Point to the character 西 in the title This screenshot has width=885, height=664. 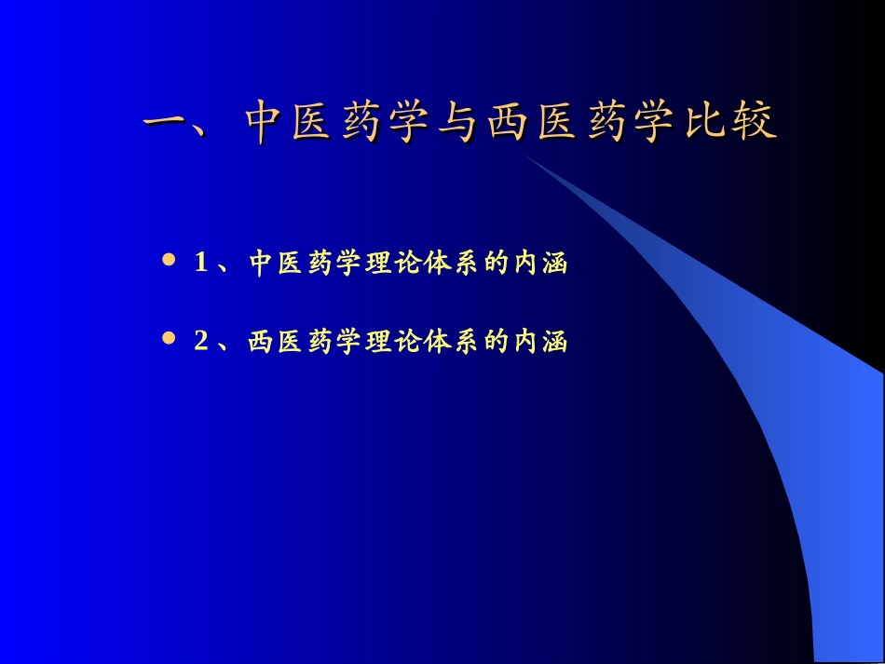(x=507, y=124)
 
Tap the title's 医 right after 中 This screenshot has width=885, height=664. (x=314, y=124)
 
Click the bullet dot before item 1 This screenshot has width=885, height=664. (x=169, y=262)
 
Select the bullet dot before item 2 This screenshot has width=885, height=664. (x=169, y=339)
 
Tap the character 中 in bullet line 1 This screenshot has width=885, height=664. (x=260, y=264)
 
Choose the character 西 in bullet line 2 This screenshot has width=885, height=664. (x=260, y=342)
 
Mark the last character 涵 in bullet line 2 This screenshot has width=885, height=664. (x=555, y=342)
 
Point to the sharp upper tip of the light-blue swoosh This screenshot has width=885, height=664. (x=525, y=156)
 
